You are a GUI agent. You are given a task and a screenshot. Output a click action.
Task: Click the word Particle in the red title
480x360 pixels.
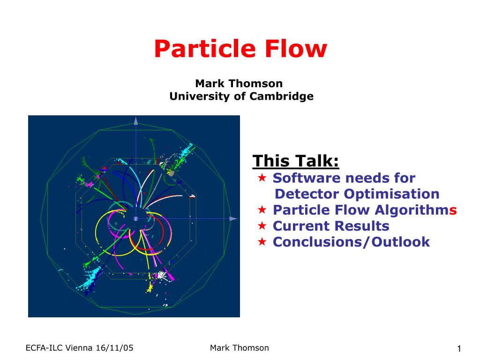click(x=204, y=49)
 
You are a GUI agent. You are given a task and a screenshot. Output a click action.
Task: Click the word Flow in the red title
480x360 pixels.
click(x=296, y=49)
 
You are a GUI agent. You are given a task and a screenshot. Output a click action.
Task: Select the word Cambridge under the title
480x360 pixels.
click(x=281, y=96)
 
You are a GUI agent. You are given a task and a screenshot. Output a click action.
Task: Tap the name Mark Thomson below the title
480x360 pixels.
click(x=239, y=83)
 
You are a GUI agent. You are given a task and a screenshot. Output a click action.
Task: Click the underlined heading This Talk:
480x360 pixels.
click(x=296, y=161)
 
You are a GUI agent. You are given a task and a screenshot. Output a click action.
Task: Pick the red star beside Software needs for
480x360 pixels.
click(x=262, y=177)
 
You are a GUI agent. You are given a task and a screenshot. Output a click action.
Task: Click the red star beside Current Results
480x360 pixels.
click(x=262, y=225)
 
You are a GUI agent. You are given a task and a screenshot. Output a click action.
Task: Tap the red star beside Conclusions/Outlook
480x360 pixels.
click(x=262, y=241)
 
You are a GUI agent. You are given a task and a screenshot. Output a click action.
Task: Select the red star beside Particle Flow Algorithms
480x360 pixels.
click(x=262, y=210)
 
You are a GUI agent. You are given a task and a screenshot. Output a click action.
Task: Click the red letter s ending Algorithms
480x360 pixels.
click(x=453, y=210)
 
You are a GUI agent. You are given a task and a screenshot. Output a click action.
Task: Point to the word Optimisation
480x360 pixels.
click(x=391, y=194)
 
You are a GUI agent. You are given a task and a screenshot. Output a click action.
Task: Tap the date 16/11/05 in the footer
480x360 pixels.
click(x=114, y=348)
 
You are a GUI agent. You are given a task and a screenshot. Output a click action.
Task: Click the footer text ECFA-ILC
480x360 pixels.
click(x=45, y=348)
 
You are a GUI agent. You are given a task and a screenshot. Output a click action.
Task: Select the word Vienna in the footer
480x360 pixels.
click(x=79, y=348)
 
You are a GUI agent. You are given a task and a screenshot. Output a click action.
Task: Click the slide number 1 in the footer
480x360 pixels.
click(x=459, y=348)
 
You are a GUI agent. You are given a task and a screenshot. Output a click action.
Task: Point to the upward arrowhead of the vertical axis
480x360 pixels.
click(x=136, y=121)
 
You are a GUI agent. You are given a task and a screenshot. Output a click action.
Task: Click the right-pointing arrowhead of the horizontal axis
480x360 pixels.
click(x=233, y=218)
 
